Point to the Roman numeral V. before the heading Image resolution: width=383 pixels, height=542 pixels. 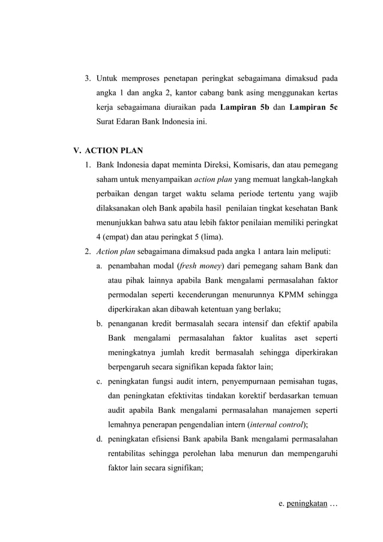point(77,151)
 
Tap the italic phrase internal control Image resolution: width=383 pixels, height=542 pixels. point(277,424)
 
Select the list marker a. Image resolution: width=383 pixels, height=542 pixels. point(99,265)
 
